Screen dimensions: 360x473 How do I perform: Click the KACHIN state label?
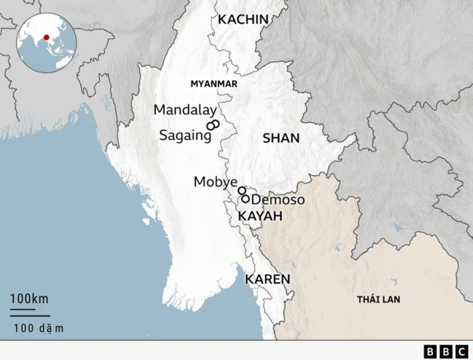coord(242,19)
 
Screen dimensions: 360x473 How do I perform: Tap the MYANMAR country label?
coord(214,84)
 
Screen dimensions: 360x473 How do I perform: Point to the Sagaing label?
coord(180,136)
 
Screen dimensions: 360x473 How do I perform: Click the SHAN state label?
coord(281,138)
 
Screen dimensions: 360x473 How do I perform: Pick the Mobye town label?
coord(215,182)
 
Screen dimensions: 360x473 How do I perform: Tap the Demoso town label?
coord(278,200)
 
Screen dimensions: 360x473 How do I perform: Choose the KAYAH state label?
coord(260,216)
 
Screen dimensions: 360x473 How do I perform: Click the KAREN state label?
coord(267,279)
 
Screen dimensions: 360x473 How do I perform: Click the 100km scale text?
coord(30,299)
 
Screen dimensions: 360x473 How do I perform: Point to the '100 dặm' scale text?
coord(38,327)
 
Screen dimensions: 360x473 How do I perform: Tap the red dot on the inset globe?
coord(47,38)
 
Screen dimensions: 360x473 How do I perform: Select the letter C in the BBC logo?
coord(460,351)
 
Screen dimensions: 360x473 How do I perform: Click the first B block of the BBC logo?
coord(431,351)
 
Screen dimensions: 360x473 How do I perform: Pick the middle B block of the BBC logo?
coord(446,351)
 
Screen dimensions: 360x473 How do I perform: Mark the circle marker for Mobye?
coord(242,191)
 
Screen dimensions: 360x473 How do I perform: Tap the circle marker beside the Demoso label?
coord(245,199)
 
